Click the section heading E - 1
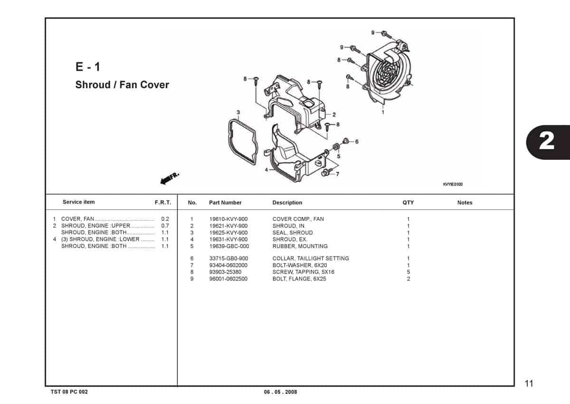tap(88, 67)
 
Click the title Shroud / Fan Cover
tap(122, 85)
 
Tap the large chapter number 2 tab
tap(547, 141)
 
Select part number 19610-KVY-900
tap(228, 219)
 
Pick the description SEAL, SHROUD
tap(293, 233)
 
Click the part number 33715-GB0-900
tap(228, 258)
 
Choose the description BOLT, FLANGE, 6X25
tap(299, 279)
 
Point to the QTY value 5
tap(408, 272)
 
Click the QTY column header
tap(408, 203)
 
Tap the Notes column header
tap(465, 203)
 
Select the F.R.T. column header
tap(163, 203)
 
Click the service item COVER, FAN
tap(77, 219)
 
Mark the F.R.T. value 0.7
tap(165, 226)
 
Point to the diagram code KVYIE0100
tap(452, 184)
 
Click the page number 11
tap(529, 384)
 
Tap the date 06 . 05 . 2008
tap(280, 392)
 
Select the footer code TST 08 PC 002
tap(69, 392)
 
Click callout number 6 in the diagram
tap(356, 141)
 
